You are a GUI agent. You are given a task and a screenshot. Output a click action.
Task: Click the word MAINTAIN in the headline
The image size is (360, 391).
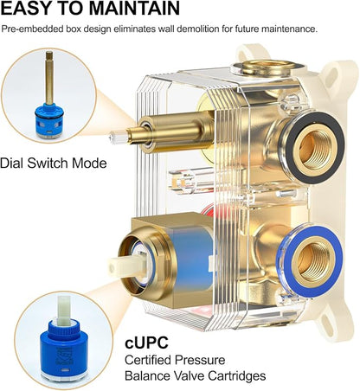click(134, 8)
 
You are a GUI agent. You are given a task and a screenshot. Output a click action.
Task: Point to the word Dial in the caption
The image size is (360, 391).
click(11, 163)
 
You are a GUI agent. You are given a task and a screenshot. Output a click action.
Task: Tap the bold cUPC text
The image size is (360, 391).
click(146, 343)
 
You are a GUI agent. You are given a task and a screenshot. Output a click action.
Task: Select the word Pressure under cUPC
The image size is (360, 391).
click(200, 360)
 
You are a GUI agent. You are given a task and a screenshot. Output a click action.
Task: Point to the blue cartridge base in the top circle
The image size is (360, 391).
click(49, 120)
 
